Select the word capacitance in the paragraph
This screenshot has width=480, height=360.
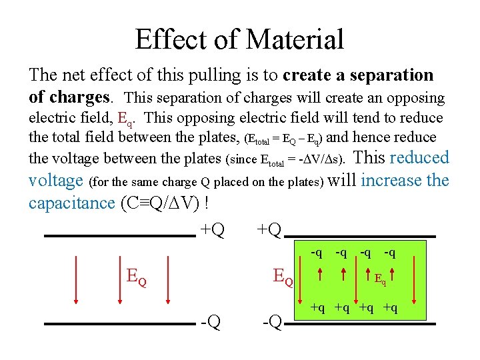[71, 203]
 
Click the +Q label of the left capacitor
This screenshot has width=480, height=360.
[212, 230]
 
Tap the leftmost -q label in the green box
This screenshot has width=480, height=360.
[317, 252]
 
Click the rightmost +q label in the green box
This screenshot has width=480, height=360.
[391, 307]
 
